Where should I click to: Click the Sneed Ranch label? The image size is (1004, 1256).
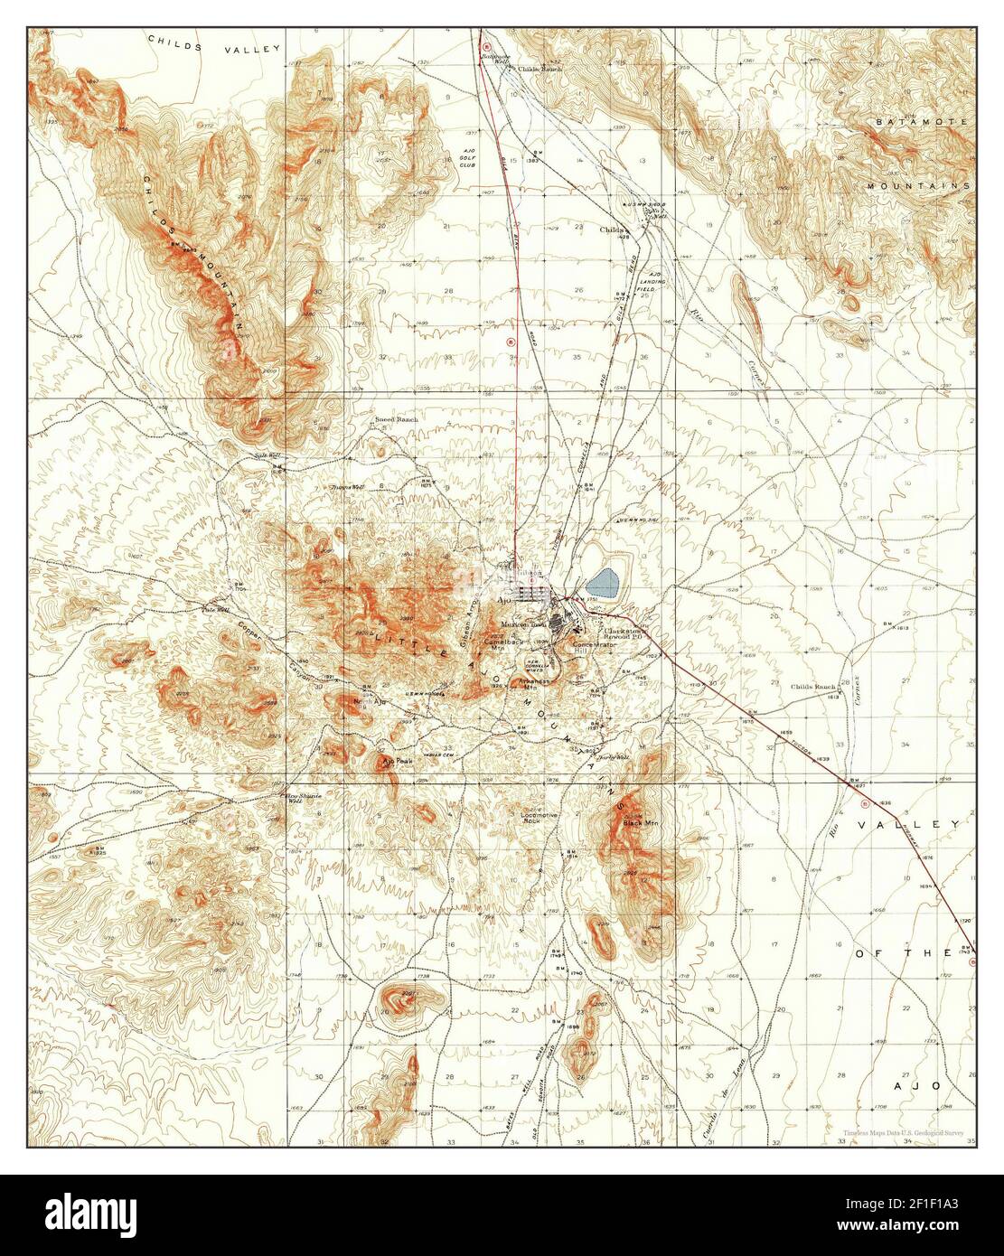(x=396, y=420)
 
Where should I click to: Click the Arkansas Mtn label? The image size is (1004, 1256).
(x=536, y=683)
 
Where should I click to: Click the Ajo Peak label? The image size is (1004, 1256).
(x=397, y=761)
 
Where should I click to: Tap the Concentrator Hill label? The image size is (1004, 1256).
(x=593, y=647)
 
